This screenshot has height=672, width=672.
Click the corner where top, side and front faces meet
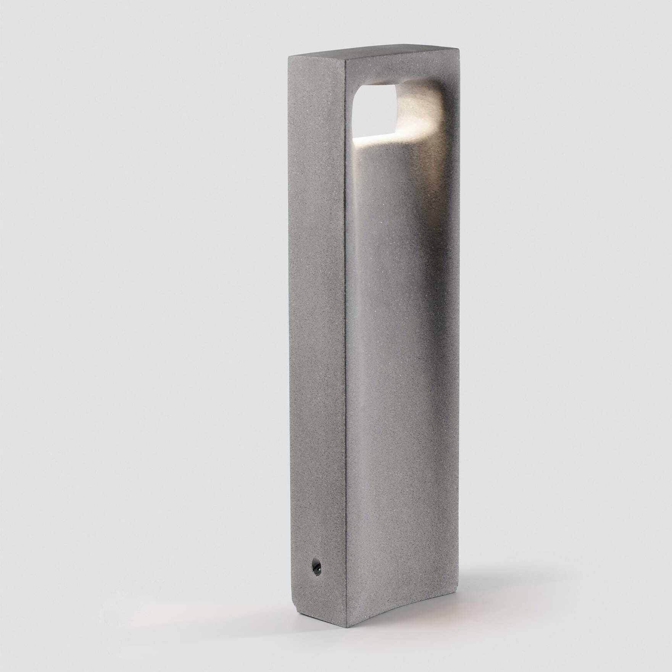coord(345,58)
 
